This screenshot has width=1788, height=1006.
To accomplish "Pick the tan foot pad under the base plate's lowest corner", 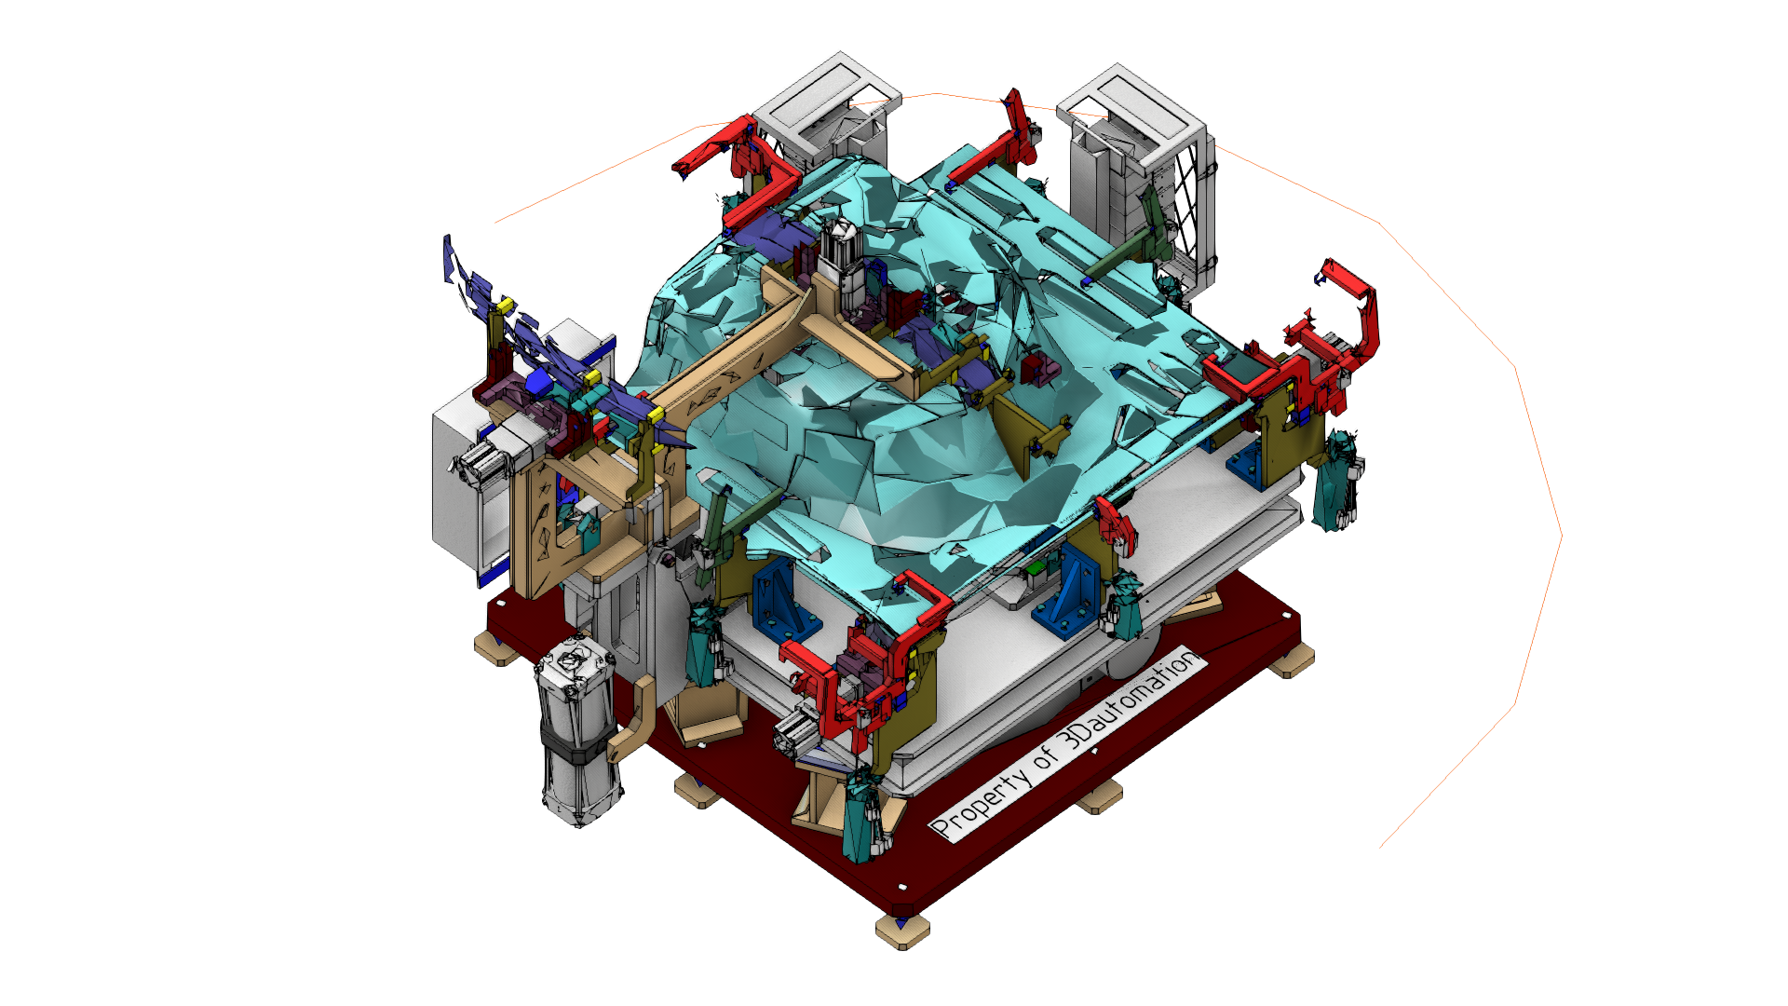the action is (x=902, y=931).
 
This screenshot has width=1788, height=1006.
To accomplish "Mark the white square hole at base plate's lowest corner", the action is (x=901, y=886).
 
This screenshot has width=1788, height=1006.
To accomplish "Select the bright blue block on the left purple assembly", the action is (x=539, y=382).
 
